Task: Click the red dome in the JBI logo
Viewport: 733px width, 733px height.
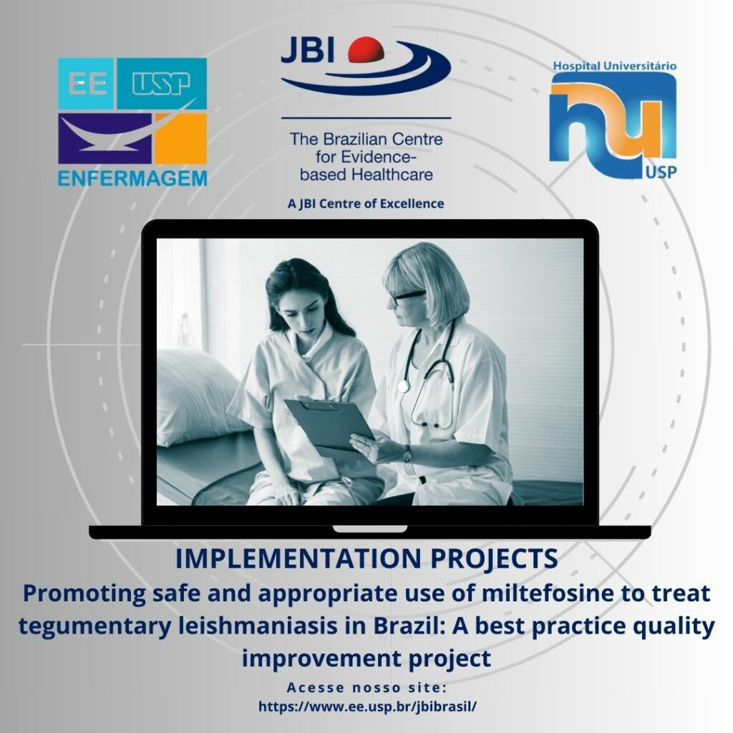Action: point(366,49)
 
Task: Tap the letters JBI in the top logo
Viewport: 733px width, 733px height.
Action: point(308,50)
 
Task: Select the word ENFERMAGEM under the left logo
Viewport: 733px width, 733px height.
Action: point(132,178)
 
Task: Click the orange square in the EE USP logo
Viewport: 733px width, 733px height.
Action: point(181,138)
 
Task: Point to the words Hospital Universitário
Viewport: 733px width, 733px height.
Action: point(615,65)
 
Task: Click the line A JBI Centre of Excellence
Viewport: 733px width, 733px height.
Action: point(366,204)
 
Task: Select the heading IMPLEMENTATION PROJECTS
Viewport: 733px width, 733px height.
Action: point(366,558)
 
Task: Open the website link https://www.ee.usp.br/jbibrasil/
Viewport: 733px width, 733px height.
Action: point(367,706)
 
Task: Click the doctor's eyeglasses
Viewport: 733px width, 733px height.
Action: point(406,297)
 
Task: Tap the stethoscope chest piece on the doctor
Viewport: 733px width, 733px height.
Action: point(403,387)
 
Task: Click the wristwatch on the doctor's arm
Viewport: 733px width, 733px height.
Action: point(407,454)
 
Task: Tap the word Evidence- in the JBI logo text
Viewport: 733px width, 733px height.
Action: point(379,157)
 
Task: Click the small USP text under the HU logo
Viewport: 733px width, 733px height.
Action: point(661,173)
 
